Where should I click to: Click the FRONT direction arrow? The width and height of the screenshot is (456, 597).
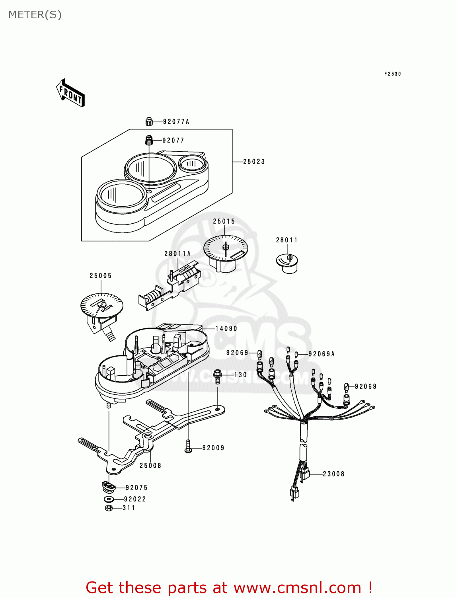pyautogui.click(x=70, y=93)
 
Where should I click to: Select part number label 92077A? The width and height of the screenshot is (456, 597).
pyautogui.click(x=176, y=122)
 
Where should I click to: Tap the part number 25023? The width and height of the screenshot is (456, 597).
pyautogui.click(x=254, y=162)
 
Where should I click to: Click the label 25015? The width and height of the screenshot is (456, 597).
pyautogui.click(x=224, y=222)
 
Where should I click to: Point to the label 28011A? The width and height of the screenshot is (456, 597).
pyautogui.click(x=177, y=254)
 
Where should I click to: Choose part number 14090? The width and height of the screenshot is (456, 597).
pyautogui.click(x=226, y=329)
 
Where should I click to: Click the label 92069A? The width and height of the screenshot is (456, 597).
pyautogui.click(x=322, y=354)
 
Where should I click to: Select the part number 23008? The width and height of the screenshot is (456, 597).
pyautogui.click(x=333, y=474)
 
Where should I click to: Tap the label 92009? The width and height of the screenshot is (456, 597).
pyautogui.click(x=213, y=448)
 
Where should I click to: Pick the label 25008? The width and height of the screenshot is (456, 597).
pyautogui.click(x=150, y=466)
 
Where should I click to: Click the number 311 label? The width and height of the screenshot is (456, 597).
pyautogui.click(x=129, y=508)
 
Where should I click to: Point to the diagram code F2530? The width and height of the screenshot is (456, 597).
pyautogui.click(x=392, y=74)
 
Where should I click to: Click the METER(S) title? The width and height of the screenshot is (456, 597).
pyautogui.click(x=35, y=15)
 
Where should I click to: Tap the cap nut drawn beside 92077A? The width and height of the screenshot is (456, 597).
pyautogui.click(x=149, y=121)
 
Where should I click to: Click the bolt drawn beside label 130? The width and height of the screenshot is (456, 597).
pyautogui.click(x=218, y=376)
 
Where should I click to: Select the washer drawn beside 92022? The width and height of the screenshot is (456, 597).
pyautogui.click(x=109, y=499)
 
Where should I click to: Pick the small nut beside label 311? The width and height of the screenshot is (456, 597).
pyautogui.click(x=109, y=508)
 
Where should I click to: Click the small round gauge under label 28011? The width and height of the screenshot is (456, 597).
pyautogui.click(x=287, y=263)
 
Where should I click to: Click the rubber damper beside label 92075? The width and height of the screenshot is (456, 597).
pyautogui.click(x=108, y=486)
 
